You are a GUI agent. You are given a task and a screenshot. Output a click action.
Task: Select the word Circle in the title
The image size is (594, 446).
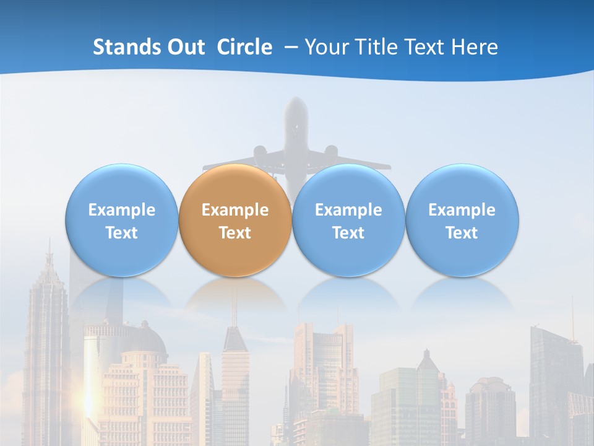point(244,47)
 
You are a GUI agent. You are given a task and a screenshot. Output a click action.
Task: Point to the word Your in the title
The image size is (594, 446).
point(327,47)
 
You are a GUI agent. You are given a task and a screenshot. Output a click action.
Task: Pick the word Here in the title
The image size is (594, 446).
point(476,47)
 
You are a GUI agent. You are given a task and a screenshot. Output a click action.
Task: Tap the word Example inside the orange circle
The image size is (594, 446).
point(235,210)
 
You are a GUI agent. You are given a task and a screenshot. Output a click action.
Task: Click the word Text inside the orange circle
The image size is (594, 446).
point(235,233)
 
